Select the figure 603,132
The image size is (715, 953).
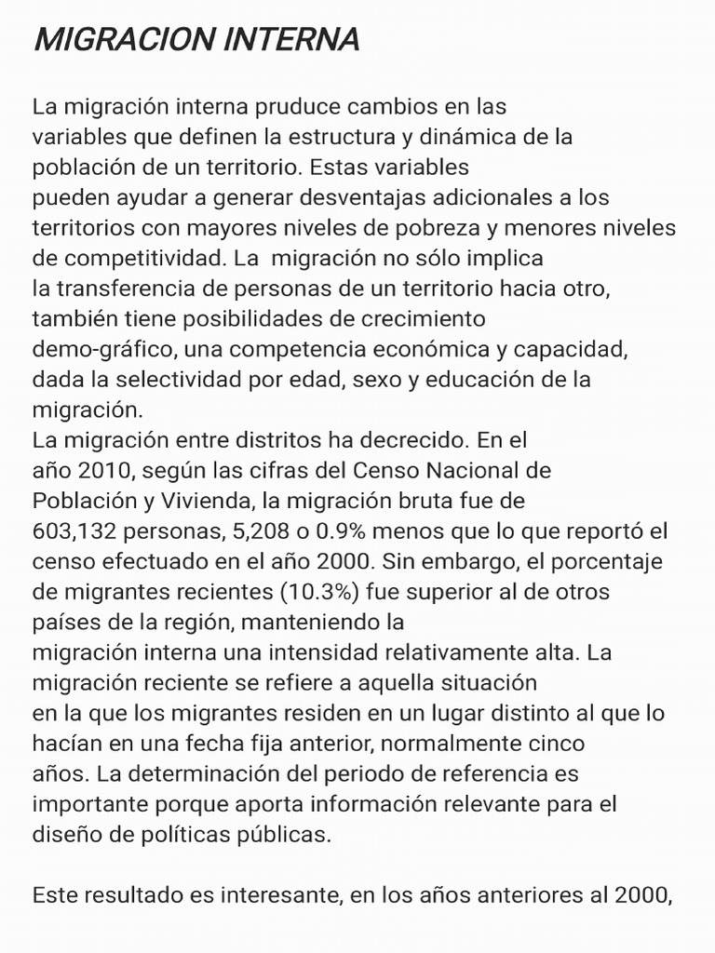[x=70, y=530]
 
